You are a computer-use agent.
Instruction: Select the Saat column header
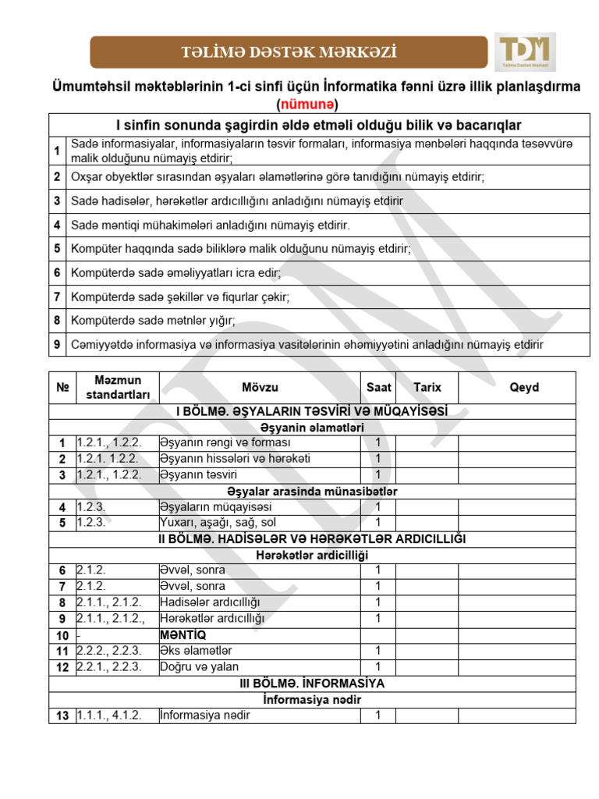pos(379,387)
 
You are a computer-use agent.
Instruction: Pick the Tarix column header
pos(427,387)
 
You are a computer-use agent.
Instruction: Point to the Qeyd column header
pos(524,387)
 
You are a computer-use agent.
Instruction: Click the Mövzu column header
pos(260,387)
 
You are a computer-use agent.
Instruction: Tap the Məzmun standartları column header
pos(117,387)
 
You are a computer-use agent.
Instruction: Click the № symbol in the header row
pos(62,387)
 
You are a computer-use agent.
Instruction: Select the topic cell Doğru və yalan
pos(199,666)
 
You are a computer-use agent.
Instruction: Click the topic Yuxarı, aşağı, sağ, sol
pos(218,522)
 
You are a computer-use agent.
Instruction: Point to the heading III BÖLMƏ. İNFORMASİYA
pos(312,683)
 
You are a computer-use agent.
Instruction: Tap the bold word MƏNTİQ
pos(183,634)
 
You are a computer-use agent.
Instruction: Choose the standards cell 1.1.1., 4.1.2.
pos(109,716)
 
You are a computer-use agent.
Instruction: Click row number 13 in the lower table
pos(62,716)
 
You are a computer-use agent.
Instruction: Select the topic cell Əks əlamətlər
pos(195,650)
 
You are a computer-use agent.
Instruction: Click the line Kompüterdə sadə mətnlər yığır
pos(153,320)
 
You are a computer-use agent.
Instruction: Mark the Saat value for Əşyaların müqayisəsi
pos(378,506)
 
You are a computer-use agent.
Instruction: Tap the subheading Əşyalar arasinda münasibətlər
pos(312,491)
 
